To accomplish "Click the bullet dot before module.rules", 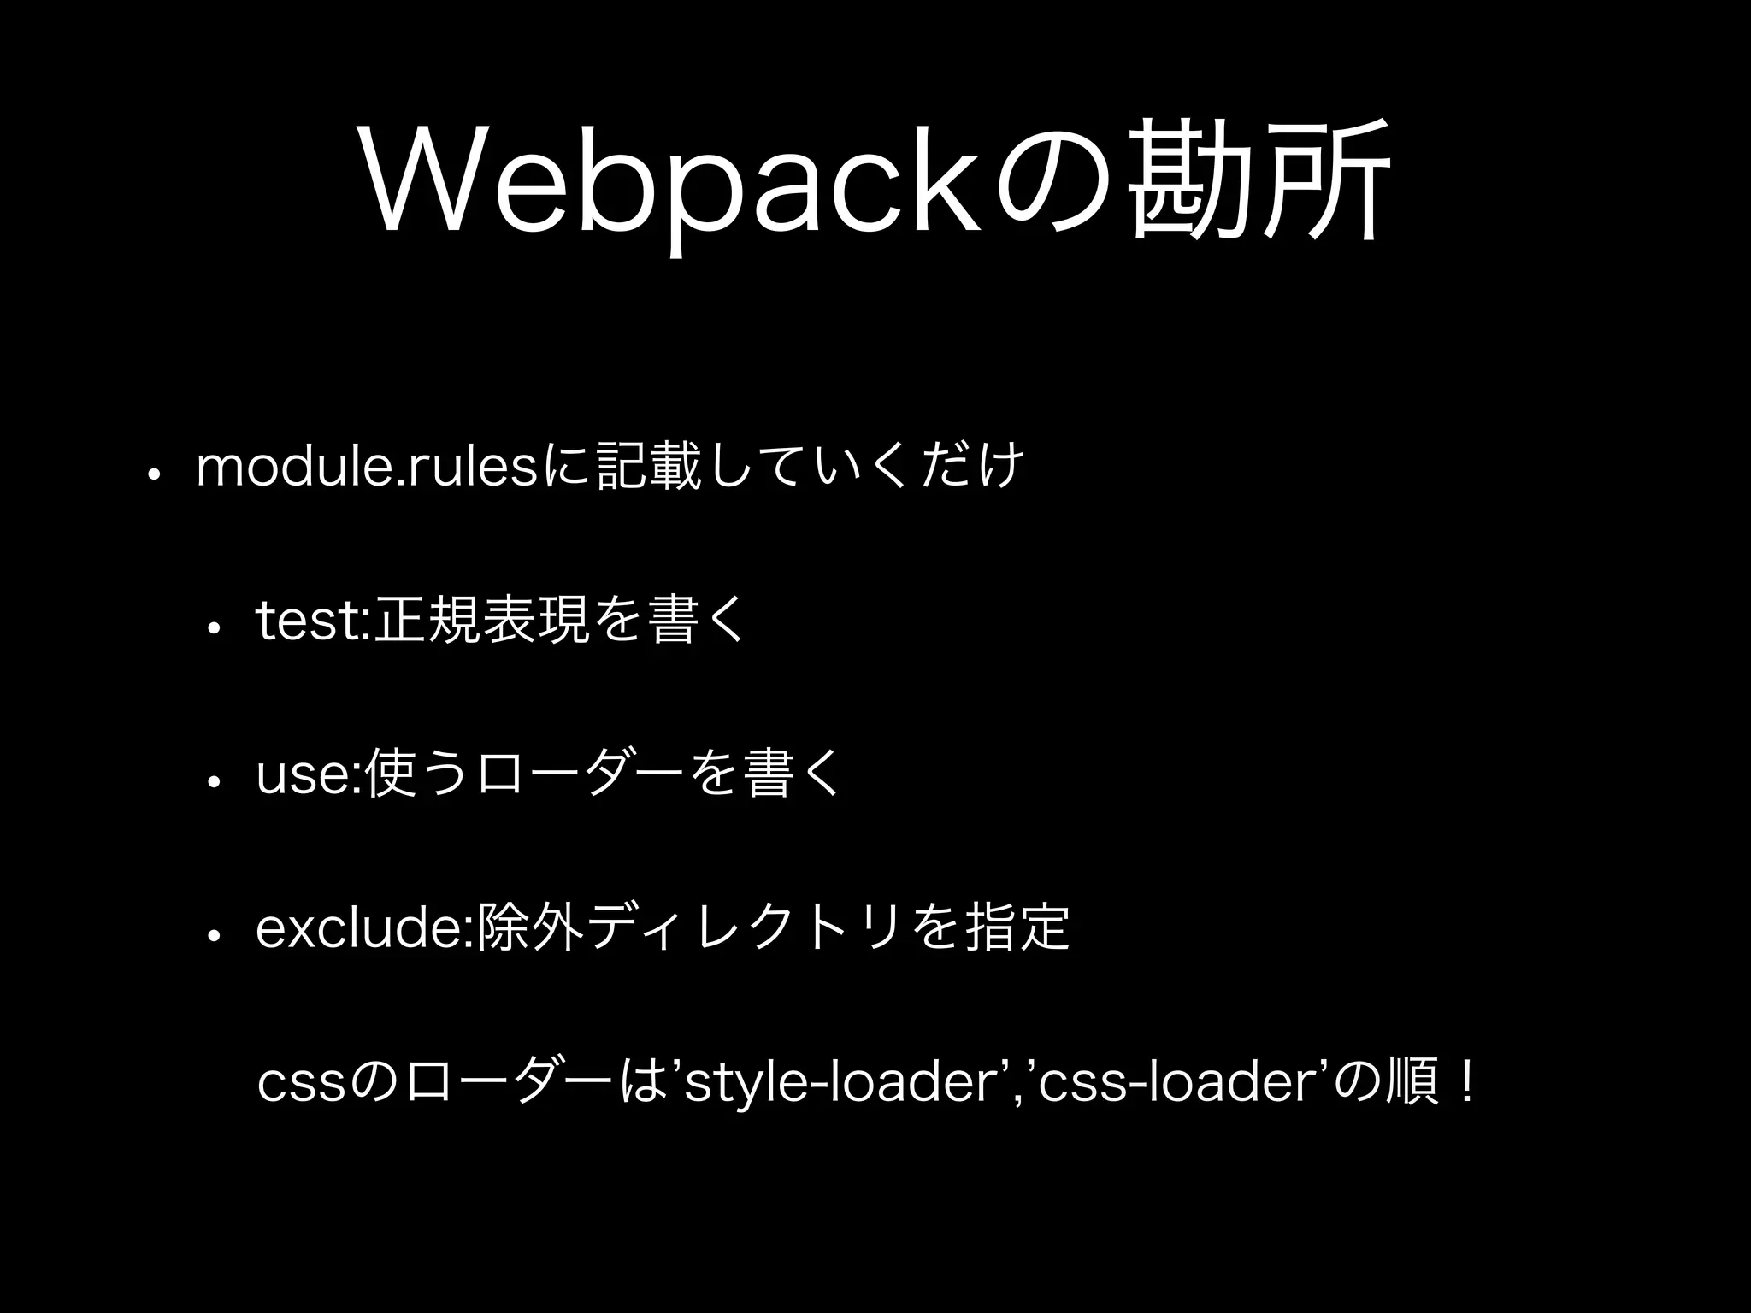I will pyautogui.click(x=150, y=474).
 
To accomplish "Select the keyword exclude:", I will pyautogui.click(x=365, y=928).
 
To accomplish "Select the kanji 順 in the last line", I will pyautogui.click(x=1412, y=1084).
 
